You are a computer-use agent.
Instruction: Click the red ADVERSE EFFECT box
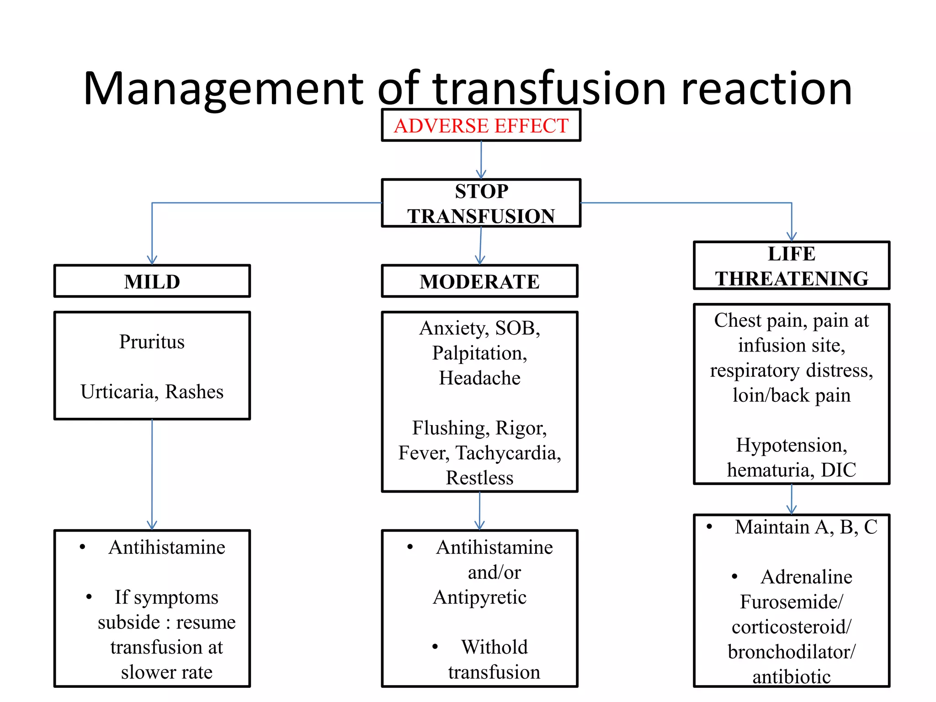(x=481, y=126)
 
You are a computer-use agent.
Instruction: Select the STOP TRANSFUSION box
(x=481, y=203)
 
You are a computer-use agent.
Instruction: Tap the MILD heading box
(x=152, y=282)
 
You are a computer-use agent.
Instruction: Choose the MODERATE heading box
(x=479, y=282)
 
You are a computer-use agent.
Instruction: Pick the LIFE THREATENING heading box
(x=791, y=266)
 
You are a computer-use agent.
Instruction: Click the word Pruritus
(x=152, y=342)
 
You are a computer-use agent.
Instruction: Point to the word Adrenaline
(x=806, y=577)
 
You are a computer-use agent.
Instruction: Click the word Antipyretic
(x=479, y=597)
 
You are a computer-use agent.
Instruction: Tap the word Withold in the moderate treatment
(x=494, y=647)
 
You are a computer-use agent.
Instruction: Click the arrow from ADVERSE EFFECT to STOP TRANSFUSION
(x=481, y=160)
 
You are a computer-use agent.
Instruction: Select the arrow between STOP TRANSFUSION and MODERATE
(x=480, y=246)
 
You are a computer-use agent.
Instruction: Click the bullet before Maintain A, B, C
(x=709, y=527)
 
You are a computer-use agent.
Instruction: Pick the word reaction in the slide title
(x=766, y=89)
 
